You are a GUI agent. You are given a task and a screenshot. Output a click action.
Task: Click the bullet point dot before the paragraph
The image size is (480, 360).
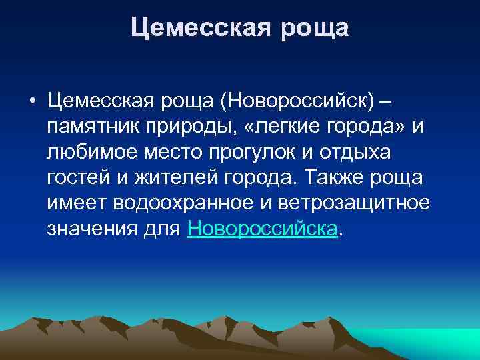[x=31, y=102]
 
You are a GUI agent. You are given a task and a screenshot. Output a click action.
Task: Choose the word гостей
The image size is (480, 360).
[x=77, y=178]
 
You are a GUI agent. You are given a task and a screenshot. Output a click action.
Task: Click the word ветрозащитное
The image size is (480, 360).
[x=354, y=203]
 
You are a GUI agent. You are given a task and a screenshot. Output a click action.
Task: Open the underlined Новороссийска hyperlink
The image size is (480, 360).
[x=263, y=229]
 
